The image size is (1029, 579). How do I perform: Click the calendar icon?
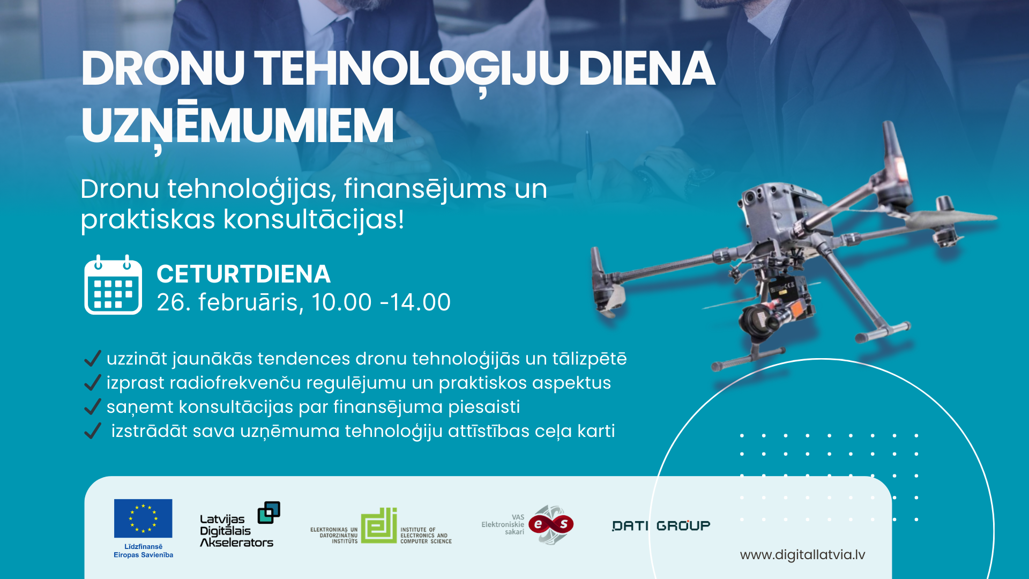[x=113, y=285]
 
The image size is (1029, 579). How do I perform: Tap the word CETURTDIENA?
[x=243, y=274]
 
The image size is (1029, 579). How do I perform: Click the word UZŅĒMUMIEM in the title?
[x=237, y=126]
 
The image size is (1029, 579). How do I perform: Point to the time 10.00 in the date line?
[x=341, y=302]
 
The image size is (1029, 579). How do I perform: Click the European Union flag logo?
[x=143, y=518]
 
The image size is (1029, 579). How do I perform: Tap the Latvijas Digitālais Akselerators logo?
[x=240, y=525]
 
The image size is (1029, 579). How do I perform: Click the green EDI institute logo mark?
[x=379, y=525]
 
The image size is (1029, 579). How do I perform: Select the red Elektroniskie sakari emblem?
[x=551, y=524]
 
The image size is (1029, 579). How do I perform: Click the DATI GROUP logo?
[x=661, y=525]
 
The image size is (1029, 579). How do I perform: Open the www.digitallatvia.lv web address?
[x=802, y=555]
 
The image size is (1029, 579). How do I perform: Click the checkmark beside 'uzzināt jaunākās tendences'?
[x=93, y=358]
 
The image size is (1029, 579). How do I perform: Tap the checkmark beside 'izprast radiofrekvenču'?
[x=93, y=382]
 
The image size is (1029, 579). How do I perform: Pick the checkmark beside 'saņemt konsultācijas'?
[x=93, y=406]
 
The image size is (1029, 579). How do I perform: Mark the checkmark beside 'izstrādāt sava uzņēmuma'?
[x=93, y=430]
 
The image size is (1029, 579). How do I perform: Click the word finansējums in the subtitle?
[x=425, y=189]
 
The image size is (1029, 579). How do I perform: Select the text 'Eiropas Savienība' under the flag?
[x=143, y=555]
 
